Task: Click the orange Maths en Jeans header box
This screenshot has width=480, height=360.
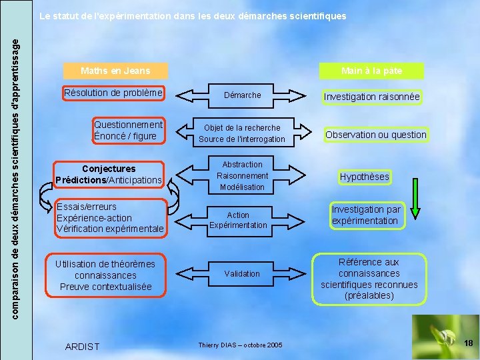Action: [115, 70]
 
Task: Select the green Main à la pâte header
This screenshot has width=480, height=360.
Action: [371, 70]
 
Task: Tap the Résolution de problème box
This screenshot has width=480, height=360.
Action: [113, 93]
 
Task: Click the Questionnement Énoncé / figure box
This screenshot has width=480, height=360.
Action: [129, 130]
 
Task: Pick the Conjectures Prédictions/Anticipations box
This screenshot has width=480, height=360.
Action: [109, 175]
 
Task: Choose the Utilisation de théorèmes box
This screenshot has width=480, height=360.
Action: [105, 275]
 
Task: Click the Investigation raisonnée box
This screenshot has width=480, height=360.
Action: [371, 97]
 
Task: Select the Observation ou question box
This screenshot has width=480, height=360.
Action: [375, 135]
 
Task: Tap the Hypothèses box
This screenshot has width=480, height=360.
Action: [364, 177]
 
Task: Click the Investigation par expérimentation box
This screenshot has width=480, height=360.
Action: [366, 215]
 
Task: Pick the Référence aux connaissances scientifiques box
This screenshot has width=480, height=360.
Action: [369, 279]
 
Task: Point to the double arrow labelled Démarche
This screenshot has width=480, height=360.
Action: [243, 95]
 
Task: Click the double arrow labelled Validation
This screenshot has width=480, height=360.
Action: [242, 274]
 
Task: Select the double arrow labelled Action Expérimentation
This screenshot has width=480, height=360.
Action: [238, 220]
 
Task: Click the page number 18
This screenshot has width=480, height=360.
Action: [468, 343]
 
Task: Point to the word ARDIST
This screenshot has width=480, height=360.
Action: [83, 346]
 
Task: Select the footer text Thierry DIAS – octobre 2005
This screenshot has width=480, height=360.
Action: [240, 345]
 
